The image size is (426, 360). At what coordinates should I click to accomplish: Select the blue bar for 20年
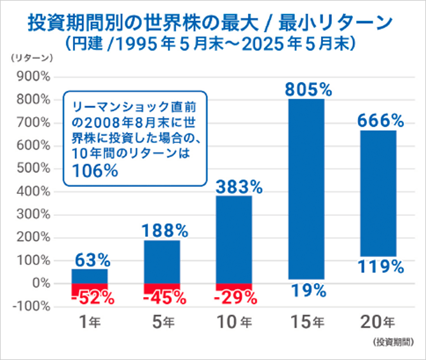coord(378,191)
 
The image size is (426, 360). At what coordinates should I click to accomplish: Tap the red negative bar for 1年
coord(89,289)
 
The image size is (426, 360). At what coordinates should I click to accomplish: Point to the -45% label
coord(162,297)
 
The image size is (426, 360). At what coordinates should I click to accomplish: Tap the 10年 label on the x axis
coord(235,322)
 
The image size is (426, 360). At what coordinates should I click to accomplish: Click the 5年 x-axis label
coord(162,322)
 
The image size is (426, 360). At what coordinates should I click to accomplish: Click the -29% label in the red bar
coord(235,297)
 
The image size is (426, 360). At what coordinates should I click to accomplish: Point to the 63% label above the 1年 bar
coord(90,260)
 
